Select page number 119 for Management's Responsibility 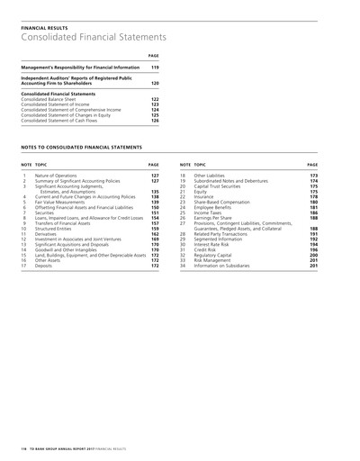(x=154, y=68)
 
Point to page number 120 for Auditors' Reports (x=154, y=83)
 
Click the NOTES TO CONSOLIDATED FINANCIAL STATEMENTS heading (x=84, y=144)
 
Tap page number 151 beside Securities (x=154, y=212)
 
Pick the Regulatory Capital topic (x=219, y=256)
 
